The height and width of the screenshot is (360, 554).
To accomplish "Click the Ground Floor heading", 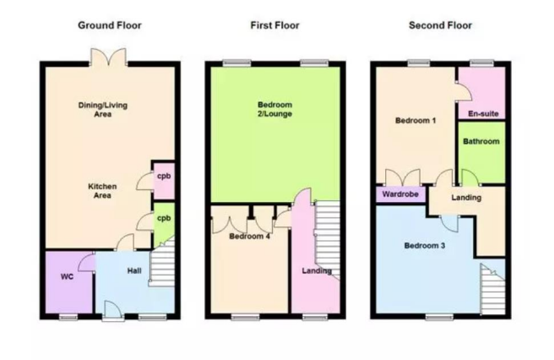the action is [110, 25].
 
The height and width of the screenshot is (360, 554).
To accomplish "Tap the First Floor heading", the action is [274, 25].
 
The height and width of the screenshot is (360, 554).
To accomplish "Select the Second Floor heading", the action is [440, 25].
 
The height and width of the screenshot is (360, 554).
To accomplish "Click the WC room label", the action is [67, 276].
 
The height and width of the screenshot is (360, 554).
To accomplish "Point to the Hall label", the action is [134, 270].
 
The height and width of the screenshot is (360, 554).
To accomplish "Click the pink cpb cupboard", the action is [164, 180].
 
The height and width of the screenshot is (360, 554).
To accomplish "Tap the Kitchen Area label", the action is [102, 191].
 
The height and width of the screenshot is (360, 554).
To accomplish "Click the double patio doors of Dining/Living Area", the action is [108, 57].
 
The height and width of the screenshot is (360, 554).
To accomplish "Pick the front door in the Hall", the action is [113, 310].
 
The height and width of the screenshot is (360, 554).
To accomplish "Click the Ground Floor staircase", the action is [162, 262].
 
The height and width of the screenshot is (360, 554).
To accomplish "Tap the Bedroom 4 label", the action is [249, 237].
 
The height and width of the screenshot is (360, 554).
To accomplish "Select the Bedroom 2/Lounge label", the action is [274, 109].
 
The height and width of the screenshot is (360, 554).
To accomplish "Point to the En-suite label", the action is [483, 114].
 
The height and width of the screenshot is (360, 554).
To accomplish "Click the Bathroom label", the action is [481, 141].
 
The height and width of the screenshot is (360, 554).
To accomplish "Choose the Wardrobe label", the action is [400, 194].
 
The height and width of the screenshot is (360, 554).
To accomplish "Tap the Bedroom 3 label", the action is [424, 245].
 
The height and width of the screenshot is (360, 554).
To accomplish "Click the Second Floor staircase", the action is [493, 289].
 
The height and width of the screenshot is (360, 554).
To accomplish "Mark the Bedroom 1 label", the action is [415, 121].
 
